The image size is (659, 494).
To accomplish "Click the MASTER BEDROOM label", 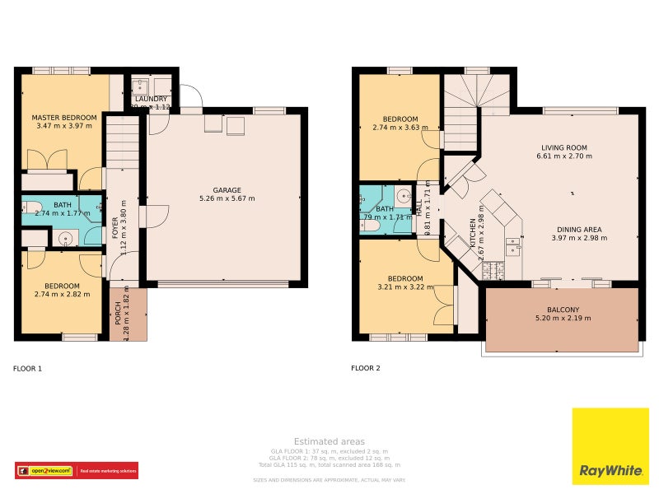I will coord(64,118).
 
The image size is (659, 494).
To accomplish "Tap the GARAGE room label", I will coord(227,190).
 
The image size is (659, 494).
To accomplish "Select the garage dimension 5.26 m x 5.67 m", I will coord(227,199).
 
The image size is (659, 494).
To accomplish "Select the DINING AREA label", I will coord(578,229).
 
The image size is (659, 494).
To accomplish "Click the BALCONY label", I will coord(563,310).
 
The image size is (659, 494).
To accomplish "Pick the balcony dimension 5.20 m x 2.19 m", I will coord(563,319).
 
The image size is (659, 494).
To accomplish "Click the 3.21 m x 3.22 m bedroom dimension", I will coord(404,287).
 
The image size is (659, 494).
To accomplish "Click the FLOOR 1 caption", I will coord(27,369).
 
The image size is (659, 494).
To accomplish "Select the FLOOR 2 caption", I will coord(365,369).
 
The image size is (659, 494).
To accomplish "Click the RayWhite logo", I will coord(610,446).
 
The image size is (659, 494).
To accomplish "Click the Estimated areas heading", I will coord(329,441).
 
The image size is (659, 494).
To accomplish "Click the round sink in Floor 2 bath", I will coord(404,196).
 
